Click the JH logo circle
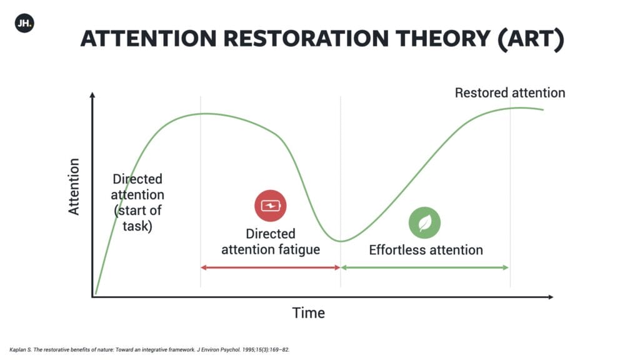pyautogui.click(x=24, y=23)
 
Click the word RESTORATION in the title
pyautogui.click(x=306, y=39)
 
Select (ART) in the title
pyautogui.click(x=531, y=39)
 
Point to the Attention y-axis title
pyautogui.click(x=74, y=186)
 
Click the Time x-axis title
pyautogui.click(x=309, y=313)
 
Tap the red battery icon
pyautogui.click(x=270, y=206)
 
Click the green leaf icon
pyautogui.click(x=424, y=223)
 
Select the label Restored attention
pyautogui.click(x=510, y=93)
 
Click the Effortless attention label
pyautogui.click(x=426, y=250)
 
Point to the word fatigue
pyautogui.click(x=299, y=249)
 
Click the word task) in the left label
pyautogui.click(x=137, y=226)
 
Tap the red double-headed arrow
pyautogui.click(x=270, y=267)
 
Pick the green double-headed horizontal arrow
pyautogui.click(x=425, y=267)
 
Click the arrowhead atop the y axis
pyautogui.click(x=92, y=95)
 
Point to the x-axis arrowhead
pyautogui.click(x=551, y=297)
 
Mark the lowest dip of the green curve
pyautogui.click(x=341, y=241)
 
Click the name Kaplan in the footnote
pyautogui.click(x=19, y=350)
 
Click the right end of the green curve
pyautogui.click(x=543, y=109)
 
